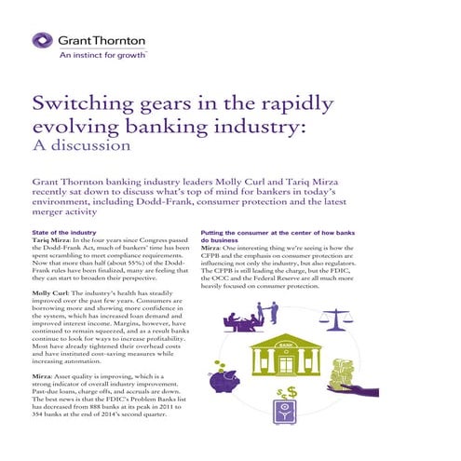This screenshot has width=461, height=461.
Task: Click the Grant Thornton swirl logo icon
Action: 43,42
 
